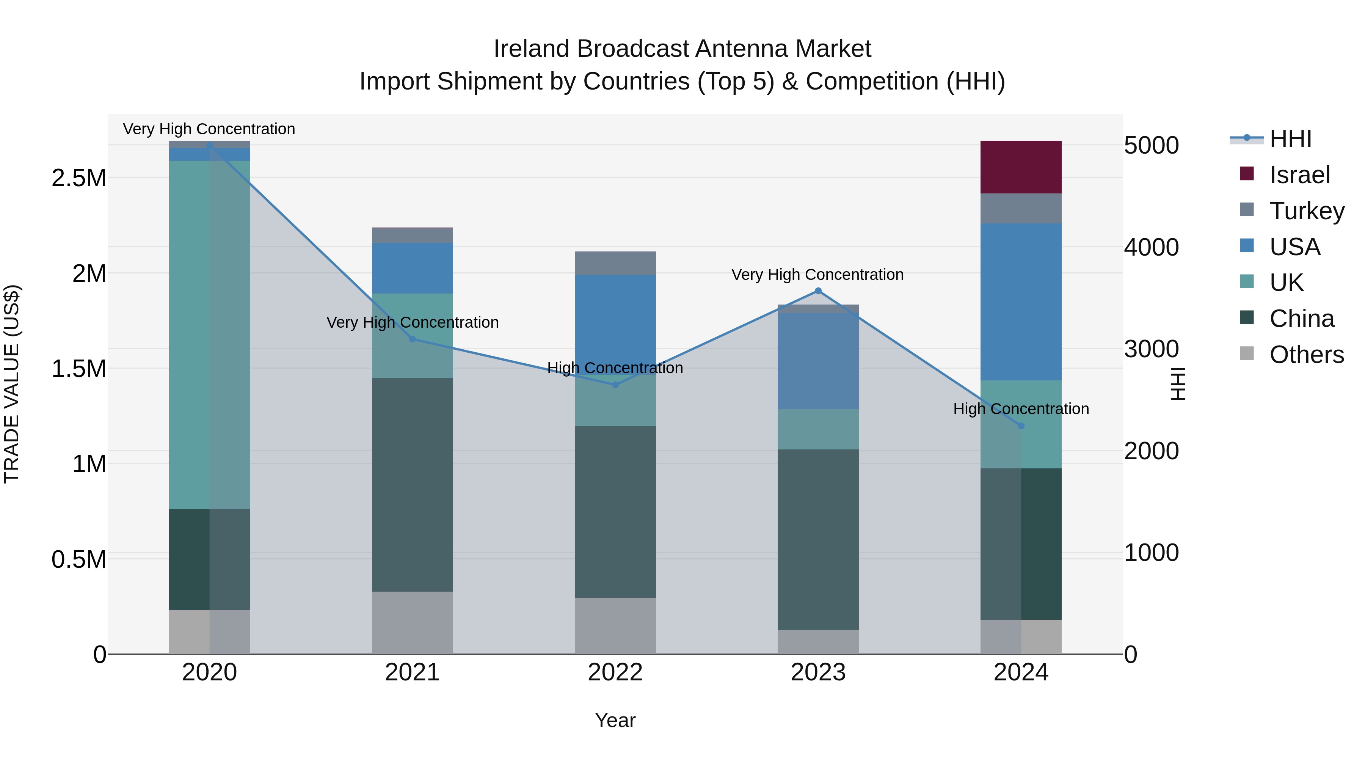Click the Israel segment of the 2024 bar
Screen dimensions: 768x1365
(1021, 167)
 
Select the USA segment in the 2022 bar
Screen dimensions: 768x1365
(615, 318)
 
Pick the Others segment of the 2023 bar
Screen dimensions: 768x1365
(817, 642)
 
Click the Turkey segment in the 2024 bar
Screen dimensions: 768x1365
(1021, 208)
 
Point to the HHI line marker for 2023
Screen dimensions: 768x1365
(817, 291)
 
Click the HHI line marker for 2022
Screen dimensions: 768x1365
(615, 385)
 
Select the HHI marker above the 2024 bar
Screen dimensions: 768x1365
(1021, 426)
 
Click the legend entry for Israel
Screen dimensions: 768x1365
(1299, 175)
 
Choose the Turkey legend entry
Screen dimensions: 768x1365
(1306, 211)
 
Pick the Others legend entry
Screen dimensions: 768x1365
(1306, 355)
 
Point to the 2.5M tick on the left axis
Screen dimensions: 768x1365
(79, 178)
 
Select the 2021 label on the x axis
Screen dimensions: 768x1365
(412, 672)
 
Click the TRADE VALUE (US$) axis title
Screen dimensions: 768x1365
(12, 384)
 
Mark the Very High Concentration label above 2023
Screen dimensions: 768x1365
(817, 275)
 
